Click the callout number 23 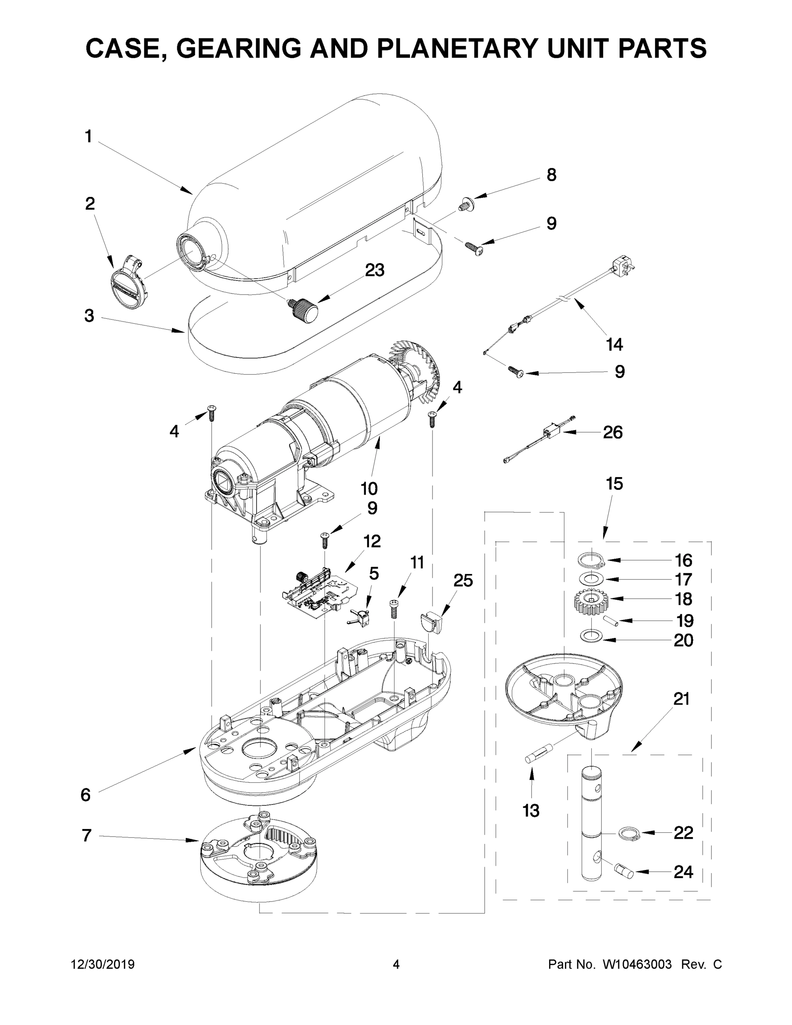(x=374, y=270)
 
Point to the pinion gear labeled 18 (x=591, y=603)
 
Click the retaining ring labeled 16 (x=590, y=560)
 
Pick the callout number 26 (x=612, y=432)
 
